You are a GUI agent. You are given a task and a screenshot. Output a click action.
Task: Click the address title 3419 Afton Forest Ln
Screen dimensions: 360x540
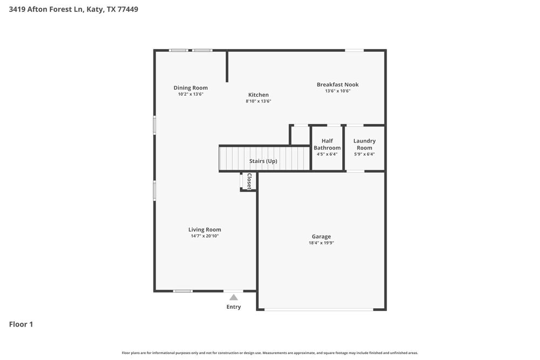click(73, 9)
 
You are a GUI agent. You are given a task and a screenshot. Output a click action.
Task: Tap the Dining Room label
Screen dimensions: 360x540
click(191, 88)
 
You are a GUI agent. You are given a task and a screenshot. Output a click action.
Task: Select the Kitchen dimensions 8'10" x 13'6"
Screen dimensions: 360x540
click(258, 101)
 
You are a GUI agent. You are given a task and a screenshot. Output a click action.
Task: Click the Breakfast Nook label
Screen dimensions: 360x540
click(337, 85)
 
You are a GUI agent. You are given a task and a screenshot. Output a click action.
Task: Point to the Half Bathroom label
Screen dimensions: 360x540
click(327, 144)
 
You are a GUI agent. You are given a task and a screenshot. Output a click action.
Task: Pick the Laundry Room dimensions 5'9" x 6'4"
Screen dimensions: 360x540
click(364, 154)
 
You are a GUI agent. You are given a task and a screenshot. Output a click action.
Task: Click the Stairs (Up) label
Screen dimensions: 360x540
click(263, 161)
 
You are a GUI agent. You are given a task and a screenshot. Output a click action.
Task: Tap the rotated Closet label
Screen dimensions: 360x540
click(249, 181)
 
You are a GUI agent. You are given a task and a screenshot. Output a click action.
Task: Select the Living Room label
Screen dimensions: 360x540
click(205, 229)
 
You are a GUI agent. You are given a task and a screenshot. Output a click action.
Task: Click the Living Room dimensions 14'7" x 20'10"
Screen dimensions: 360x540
click(205, 236)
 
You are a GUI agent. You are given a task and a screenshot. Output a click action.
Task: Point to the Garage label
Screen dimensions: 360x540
click(321, 236)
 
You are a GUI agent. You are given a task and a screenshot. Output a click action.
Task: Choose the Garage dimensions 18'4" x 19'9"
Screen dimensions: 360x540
click(321, 243)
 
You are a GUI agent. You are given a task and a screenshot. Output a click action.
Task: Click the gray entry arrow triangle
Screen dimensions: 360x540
click(233, 297)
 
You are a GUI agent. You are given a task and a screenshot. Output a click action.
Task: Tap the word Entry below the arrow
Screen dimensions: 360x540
click(233, 307)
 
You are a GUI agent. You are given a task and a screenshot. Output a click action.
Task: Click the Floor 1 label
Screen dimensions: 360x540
click(21, 324)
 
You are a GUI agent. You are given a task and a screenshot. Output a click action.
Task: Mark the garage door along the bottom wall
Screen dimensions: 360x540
click(319, 309)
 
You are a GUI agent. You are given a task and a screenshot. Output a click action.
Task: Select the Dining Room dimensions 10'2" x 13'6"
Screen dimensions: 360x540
click(191, 94)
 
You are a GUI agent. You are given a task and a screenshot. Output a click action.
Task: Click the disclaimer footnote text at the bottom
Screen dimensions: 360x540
click(270, 353)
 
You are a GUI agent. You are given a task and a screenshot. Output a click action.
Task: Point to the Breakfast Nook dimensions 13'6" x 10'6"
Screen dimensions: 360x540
click(337, 91)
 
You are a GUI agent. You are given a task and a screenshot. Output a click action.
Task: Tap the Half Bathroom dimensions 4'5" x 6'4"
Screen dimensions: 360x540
click(327, 154)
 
